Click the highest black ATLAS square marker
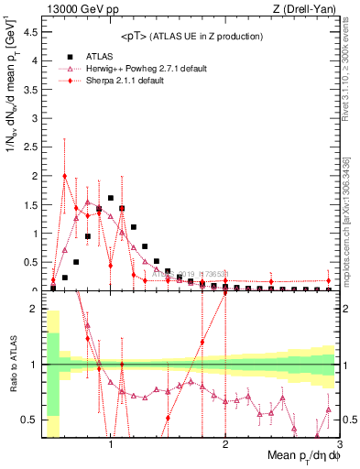(111, 198)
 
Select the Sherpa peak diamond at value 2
(64, 176)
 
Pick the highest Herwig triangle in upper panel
(88, 202)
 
